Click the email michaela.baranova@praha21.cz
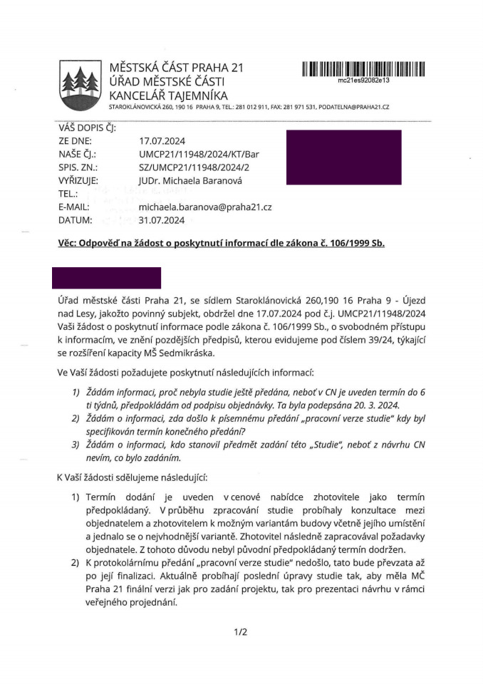205,207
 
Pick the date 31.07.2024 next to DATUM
162,219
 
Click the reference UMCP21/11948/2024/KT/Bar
199,154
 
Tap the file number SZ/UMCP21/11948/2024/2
197,167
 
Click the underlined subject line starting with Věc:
221,243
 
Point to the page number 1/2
240,631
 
